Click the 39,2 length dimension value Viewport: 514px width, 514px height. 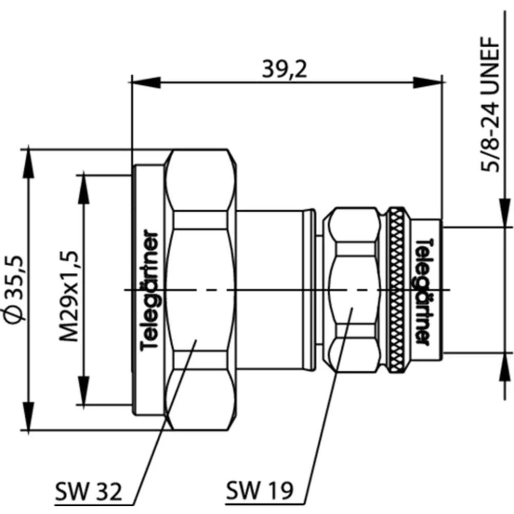[284, 68]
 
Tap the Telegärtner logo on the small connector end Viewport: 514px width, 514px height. [422, 290]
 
